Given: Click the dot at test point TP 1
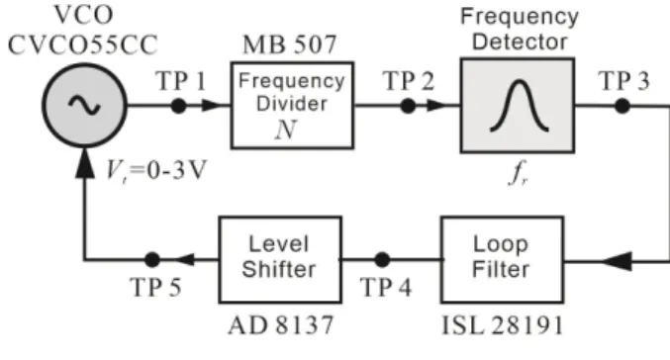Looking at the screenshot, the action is pyautogui.click(x=178, y=106).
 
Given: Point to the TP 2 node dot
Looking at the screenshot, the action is pyautogui.click(x=408, y=106).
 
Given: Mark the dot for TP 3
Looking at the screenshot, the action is pyautogui.click(x=622, y=106).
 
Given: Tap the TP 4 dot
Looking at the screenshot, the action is pyautogui.click(x=382, y=260).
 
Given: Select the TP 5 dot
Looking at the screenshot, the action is pyautogui.click(x=152, y=260).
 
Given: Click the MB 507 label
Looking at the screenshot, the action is pyautogui.click(x=290, y=45).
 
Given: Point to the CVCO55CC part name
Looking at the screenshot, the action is pyautogui.click(x=83, y=45).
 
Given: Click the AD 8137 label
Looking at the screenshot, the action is pyautogui.click(x=281, y=325).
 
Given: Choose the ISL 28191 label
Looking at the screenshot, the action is pyautogui.click(x=503, y=325).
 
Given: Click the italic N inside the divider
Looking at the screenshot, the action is pyautogui.click(x=286, y=130).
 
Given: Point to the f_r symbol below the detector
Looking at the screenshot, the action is pyautogui.click(x=519, y=173).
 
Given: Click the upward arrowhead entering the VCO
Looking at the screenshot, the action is pyautogui.click(x=84, y=163).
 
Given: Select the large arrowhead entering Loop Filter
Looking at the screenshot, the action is pyautogui.click(x=617, y=261).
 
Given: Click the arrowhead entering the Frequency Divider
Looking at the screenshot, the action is pyautogui.click(x=212, y=106).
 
